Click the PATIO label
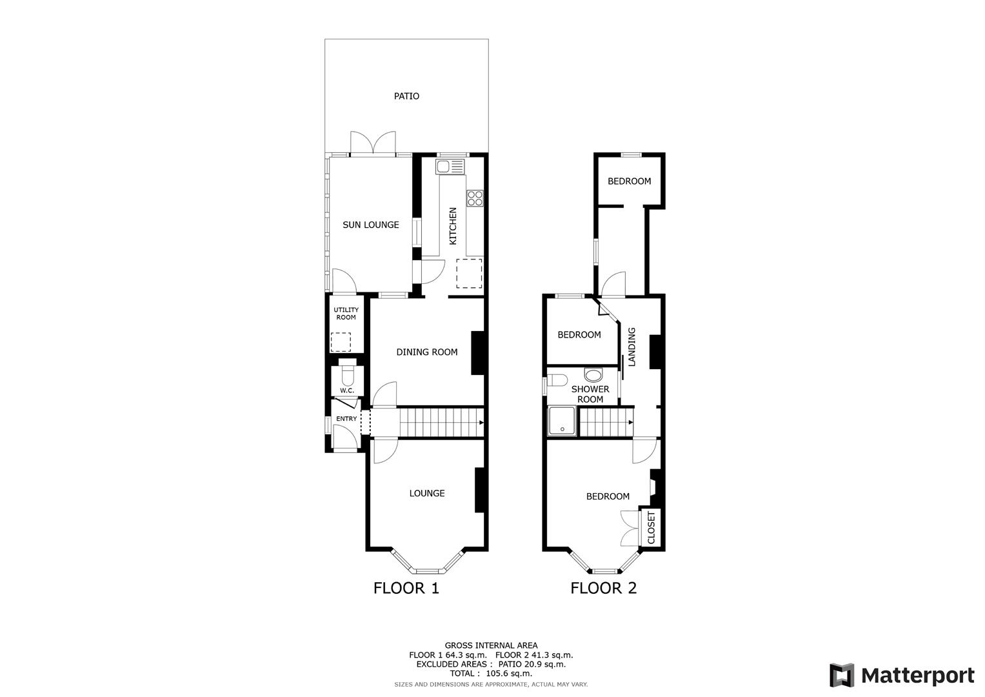(x=406, y=96)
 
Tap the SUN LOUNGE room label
(x=370, y=225)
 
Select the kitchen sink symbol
(x=450, y=167)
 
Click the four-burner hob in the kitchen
(x=475, y=198)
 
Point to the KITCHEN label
(x=453, y=226)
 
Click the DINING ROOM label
(x=426, y=352)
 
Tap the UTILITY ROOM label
(x=346, y=314)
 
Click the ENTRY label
(x=346, y=419)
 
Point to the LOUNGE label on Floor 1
(x=426, y=494)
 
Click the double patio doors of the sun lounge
(x=372, y=143)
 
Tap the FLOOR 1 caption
(x=406, y=588)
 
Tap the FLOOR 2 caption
(x=603, y=588)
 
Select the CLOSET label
(x=651, y=528)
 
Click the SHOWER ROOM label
(x=590, y=394)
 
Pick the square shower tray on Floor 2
(x=562, y=422)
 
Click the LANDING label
(x=632, y=347)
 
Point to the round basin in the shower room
(x=592, y=374)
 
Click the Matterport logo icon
(x=842, y=676)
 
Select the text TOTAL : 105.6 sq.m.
(x=491, y=673)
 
